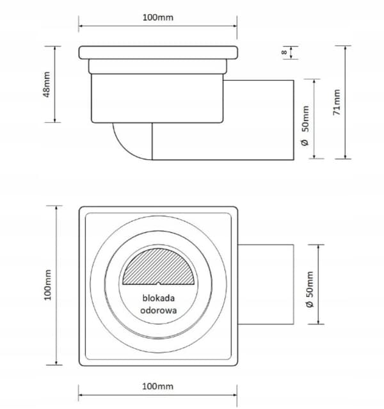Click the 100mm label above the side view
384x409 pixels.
(158, 17)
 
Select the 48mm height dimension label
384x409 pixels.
(47, 84)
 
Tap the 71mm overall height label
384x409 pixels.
(337, 102)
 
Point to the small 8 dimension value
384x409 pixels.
(284, 52)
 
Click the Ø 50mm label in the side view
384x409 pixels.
(305, 125)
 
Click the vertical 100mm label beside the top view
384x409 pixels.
(48, 285)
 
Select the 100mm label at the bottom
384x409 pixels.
(157, 386)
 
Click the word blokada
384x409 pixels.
(158, 298)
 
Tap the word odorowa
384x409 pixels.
(158, 310)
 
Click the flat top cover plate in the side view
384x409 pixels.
(158, 52)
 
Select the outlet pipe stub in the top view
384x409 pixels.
(266, 284)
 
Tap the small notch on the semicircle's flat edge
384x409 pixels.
(159, 284)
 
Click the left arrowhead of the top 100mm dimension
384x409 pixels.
(81, 26)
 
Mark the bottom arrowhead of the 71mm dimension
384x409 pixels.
(346, 157)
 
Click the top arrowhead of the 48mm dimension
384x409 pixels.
(55, 49)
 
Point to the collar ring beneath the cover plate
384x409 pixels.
(157, 67)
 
